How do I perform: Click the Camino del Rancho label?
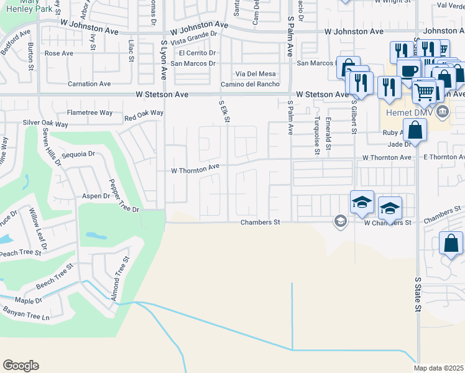coord(250,85)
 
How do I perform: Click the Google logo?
coord(21,366)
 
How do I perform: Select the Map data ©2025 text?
coord(439,368)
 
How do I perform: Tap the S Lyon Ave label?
coord(164,60)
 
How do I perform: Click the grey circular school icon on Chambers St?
coord(340,221)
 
